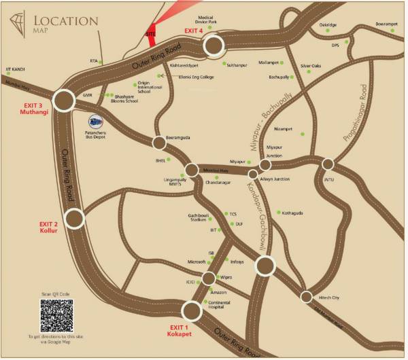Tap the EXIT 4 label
point(194,31)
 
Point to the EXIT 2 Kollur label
point(50,228)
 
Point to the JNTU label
point(330,179)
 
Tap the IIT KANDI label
point(16,69)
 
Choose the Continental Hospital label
point(220,304)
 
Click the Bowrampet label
point(387,24)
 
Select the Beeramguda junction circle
point(158,143)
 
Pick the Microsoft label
point(196,262)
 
